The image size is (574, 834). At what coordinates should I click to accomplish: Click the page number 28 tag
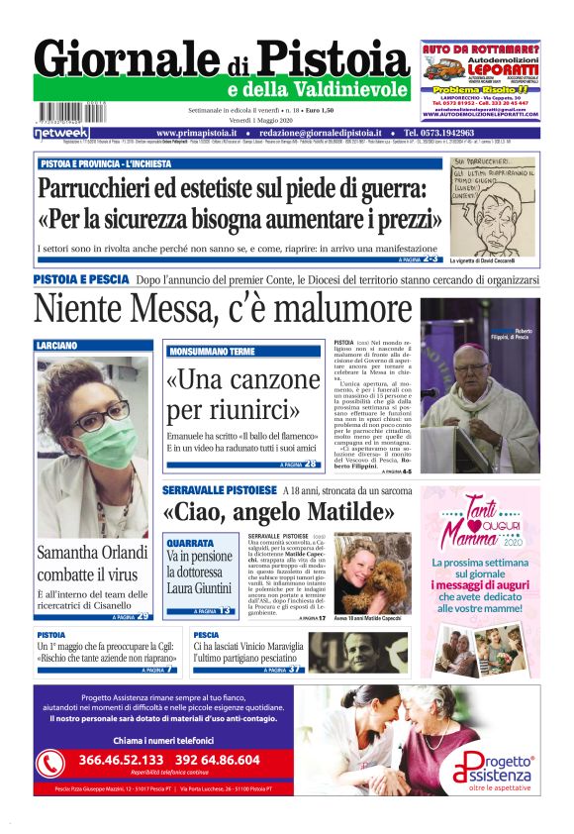(x=311, y=464)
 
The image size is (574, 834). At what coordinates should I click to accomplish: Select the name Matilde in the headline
(x=345, y=513)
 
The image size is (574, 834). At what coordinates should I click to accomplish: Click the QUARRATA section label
(x=189, y=543)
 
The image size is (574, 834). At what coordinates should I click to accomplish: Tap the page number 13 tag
(x=226, y=611)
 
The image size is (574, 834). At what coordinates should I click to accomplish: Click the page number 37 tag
(x=295, y=670)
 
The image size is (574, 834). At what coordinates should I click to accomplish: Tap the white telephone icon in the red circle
(x=50, y=763)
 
